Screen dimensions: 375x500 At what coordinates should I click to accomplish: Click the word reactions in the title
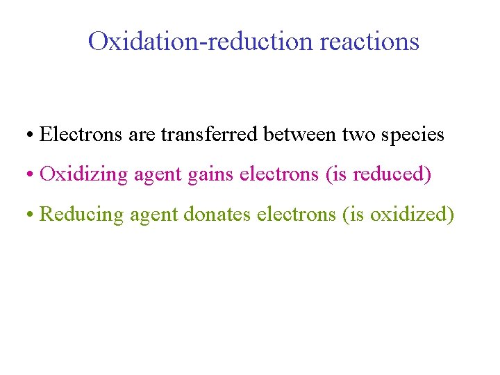click(369, 42)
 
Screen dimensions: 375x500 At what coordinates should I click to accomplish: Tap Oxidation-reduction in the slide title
click(201, 42)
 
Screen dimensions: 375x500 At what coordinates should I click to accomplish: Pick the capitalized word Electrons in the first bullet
click(82, 134)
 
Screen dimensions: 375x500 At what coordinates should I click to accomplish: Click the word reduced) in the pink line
click(392, 174)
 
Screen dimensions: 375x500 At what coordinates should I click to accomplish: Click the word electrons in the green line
click(297, 214)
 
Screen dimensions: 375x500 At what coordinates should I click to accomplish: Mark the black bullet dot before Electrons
click(33, 135)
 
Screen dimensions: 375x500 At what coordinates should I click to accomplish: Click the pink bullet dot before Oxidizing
click(33, 175)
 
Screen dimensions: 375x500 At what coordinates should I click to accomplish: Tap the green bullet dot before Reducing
click(33, 215)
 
